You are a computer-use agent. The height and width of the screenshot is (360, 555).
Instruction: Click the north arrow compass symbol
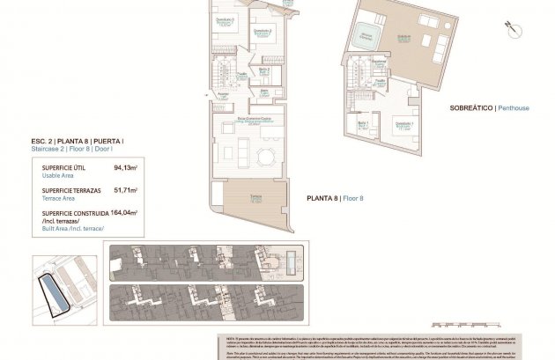pyautogui.click(x=510, y=28)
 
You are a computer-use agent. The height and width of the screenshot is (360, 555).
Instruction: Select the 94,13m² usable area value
pyautogui.click(x=126, y=166)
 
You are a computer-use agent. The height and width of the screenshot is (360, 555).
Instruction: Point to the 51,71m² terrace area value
pyautogui.click(x=126, y=189)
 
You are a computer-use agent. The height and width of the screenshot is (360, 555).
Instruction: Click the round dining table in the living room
pyautogui.click(x=264, y=157)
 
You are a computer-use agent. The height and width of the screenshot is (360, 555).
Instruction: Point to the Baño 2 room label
pyautogui.click(x=264, y=69)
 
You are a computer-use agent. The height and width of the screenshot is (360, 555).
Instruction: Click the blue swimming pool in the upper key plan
pyautogui.click(x=291, y=261)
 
